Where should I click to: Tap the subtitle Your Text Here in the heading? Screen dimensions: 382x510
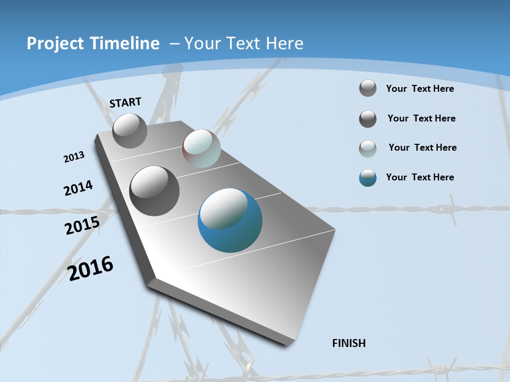pos(244,44)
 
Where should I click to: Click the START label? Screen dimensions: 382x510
pos(125,102)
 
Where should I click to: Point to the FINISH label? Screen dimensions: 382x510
pos(349,343)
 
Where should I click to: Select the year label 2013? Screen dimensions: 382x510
pos(74,157)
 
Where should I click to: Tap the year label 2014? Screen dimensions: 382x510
pos(79,188)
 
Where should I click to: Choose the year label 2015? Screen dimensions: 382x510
pos(82,225)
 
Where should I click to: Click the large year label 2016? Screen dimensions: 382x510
pos(90,268)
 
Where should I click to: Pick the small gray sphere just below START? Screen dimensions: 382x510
pos(130,131)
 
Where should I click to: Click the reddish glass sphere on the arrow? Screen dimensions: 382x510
pos(201,149)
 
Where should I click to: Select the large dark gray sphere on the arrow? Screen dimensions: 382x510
pos(155,191)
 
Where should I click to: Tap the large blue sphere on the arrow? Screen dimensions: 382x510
pos(230,220)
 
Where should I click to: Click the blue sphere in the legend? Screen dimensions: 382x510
pos(368,178)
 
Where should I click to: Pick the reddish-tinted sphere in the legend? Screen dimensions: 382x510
pos(368,149)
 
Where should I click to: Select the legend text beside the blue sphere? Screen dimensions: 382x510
pos(420,177)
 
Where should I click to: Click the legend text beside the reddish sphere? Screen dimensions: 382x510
pos(422,147)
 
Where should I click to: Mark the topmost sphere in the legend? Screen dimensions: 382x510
pos(368,88)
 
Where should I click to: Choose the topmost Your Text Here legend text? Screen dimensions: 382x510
pos(420,89)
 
